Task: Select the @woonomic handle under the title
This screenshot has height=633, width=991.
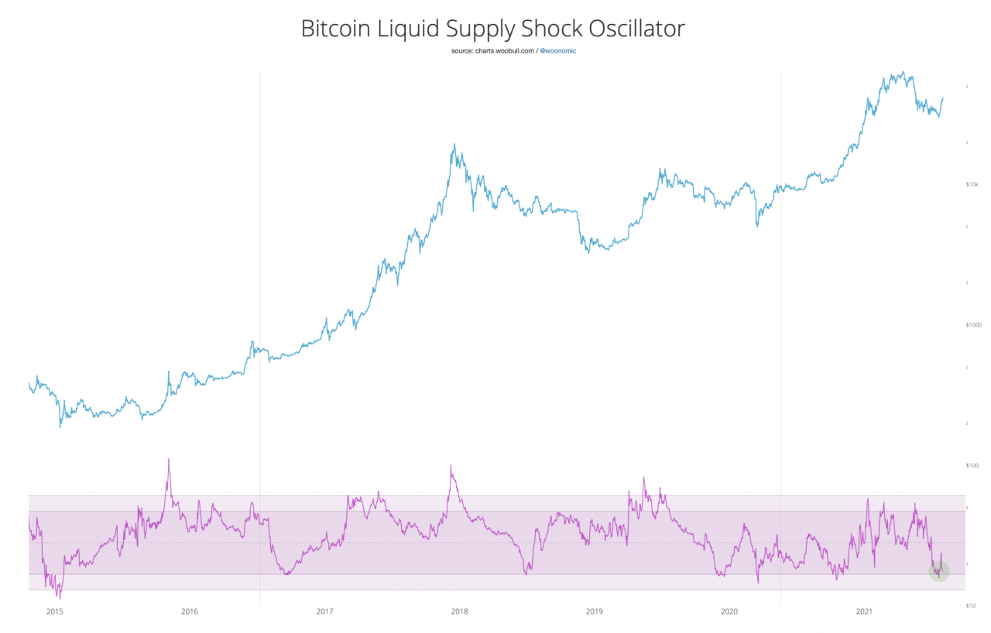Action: coord(557,51)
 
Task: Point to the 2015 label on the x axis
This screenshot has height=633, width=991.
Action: coord(54,611)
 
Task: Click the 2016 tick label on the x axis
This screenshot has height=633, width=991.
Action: coord(189,611)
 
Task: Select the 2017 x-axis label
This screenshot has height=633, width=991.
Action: coord(324,611)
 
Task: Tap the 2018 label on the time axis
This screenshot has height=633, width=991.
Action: coord(459,611)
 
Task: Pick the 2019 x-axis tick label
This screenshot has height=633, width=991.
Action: coord(594,611)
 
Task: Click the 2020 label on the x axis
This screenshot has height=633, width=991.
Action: coord(729,611)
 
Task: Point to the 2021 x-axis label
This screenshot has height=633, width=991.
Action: coord(864,611)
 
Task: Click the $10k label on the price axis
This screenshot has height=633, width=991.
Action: coord(972,184)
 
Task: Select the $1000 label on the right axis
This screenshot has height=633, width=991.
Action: coord(972,325)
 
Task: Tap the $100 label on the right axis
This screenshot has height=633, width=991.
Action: coord(972,465)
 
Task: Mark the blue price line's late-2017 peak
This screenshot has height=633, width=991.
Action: coord(454,145)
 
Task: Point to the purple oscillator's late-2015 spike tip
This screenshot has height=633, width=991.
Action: coord(169,459)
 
